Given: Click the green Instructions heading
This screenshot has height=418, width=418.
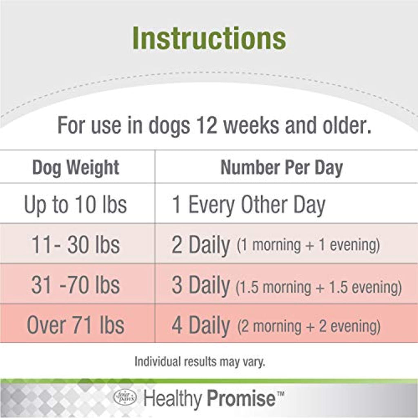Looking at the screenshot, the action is (x=209, y=38).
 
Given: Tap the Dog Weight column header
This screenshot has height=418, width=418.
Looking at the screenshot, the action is (x=76, y=168).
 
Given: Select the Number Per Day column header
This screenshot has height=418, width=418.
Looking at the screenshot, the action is (x=282, y=168).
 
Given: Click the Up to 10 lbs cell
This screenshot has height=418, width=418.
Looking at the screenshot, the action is (x=76, y=205).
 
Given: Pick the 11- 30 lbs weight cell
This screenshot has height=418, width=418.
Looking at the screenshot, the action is (x=76, y=245).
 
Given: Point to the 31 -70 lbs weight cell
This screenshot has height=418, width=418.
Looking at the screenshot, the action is (x=76, y=285).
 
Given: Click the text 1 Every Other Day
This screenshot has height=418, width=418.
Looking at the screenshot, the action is (x=249, y=205).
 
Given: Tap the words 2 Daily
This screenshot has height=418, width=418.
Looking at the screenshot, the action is (x=200, y=245).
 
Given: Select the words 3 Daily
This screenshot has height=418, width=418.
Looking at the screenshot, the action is (x=200, y=286).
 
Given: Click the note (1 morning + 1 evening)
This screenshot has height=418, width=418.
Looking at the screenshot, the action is (x=309, y=245).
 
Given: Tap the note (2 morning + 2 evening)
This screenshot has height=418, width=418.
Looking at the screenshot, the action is (x=309, y=327).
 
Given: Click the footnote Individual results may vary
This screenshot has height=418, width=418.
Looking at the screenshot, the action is (x=200, y=362).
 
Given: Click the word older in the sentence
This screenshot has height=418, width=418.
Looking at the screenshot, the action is (x=347, y=125).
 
